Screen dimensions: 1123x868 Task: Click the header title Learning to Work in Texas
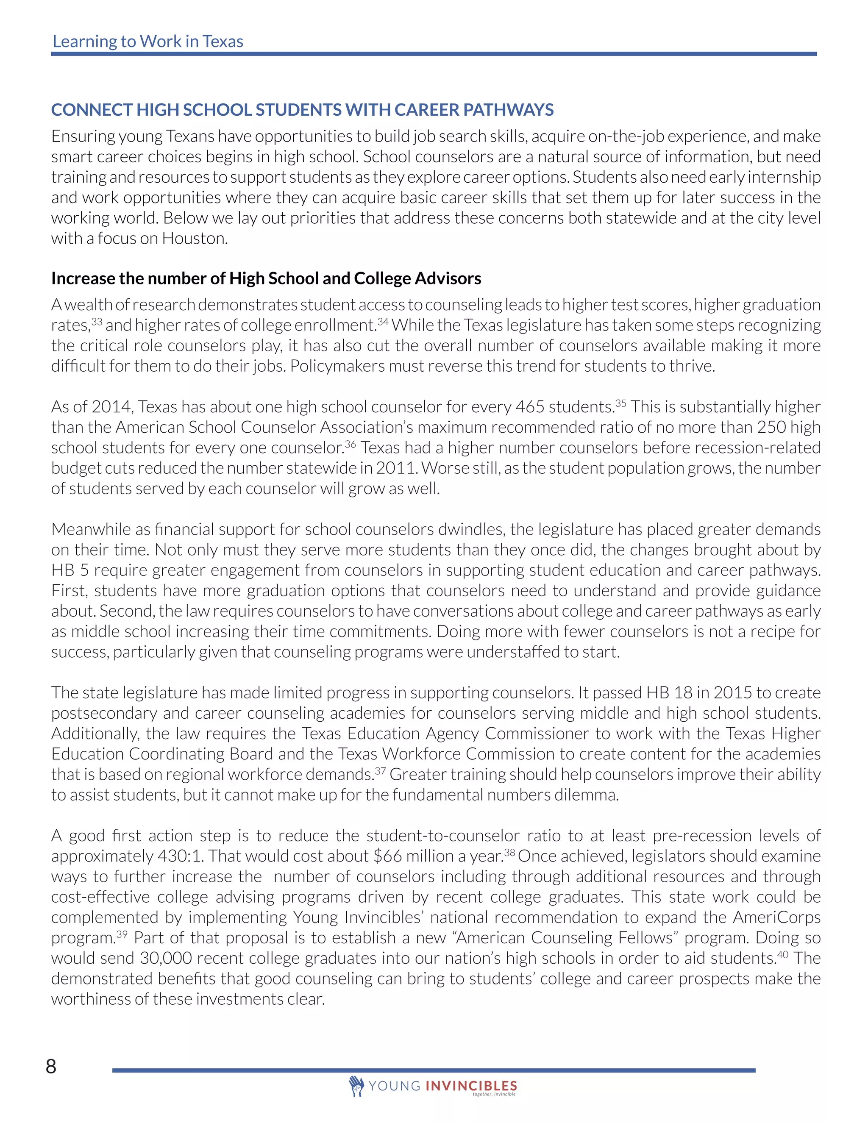click(147, 41)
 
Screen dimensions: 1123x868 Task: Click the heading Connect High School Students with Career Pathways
click(302, 109)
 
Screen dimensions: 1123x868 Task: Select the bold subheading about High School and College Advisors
click(266, 278)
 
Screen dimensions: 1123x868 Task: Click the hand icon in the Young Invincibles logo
click(356, 1085)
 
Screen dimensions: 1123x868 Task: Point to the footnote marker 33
click(97, 321)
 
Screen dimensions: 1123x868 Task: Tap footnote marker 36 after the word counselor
click(350, 444)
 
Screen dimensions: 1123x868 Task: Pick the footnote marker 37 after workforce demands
click(380, 771)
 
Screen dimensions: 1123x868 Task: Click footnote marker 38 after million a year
click(509, 853)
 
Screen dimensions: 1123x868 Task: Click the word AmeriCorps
click(776, 917)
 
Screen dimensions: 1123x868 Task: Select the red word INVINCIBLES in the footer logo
click(471, 1086)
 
